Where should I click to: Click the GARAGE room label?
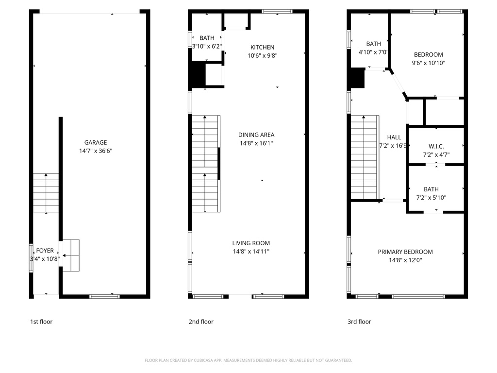click(96, 142)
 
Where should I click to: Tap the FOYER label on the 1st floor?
click(45, 251)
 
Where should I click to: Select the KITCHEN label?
click(263, 47)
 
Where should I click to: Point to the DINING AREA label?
click(256, 135)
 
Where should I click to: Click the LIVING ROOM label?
click(251, 243)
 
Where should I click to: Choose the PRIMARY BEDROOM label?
click(405, 252)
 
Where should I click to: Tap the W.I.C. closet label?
click(436, 147)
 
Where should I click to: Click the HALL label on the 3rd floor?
click(394, 137)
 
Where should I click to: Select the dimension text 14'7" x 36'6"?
click(96, 151)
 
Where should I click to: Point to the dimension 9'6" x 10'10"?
click(428, 63)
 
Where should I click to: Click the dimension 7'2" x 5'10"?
click(431, 198)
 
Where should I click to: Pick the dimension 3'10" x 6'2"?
click(207, 46)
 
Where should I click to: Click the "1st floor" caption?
click(41, 322)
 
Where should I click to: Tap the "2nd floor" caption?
click(201, 322)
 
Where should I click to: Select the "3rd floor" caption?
click(359, 322)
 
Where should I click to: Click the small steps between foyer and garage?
click(71, 255)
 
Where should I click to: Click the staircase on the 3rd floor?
click(365, 157)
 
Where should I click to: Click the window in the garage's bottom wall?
click(105, 297)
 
